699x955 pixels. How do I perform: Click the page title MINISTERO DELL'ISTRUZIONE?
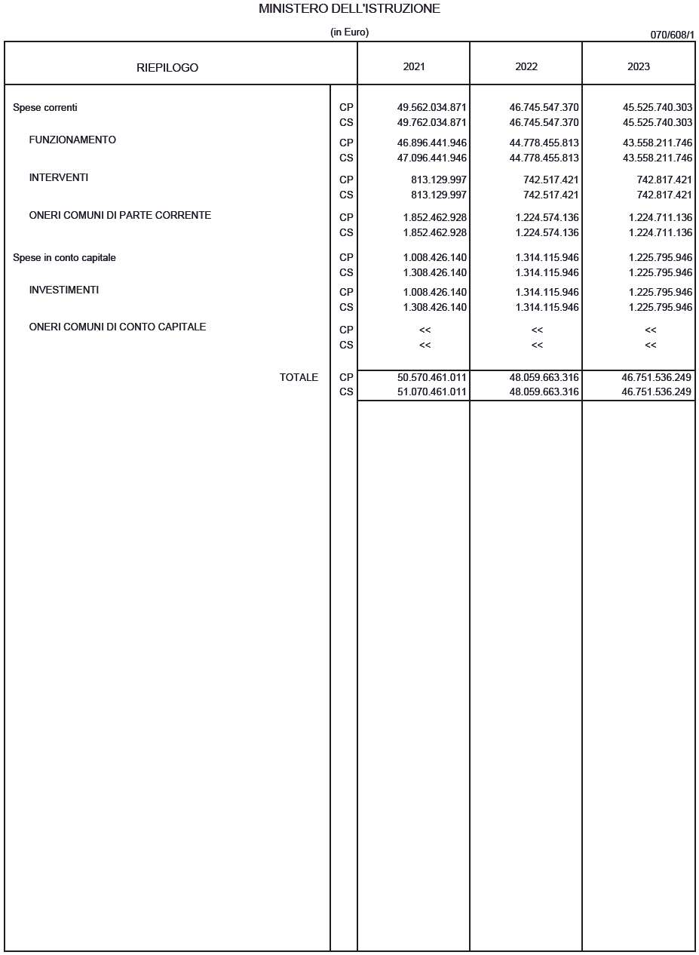tap(349, 9)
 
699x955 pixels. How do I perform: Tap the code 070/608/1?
tap(672, 35)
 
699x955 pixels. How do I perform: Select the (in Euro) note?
tap(349, 32)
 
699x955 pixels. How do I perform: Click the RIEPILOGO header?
tap(167, 68)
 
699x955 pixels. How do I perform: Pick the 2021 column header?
tap(413, 66)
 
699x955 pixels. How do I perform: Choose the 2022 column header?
tap(526, 66)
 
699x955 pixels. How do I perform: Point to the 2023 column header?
tap(638, 66)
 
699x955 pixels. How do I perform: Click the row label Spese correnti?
tap(45, 108)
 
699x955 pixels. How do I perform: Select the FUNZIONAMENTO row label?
tap(72, 140)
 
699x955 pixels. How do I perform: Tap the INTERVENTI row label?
tap(59, 178)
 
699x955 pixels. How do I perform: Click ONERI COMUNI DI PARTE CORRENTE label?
tap(120, 216)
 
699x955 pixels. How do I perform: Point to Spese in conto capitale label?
tap(64, 258)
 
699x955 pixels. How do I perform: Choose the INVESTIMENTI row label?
tap(64, 290)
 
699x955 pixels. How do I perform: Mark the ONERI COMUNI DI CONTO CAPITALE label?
tap(118, 327)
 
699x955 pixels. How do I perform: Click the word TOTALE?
tap(299, 377)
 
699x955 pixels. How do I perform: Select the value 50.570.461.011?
tap(431, 377)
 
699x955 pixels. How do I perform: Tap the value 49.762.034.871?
tap(431, 122)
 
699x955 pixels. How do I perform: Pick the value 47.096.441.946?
tap(431, 158)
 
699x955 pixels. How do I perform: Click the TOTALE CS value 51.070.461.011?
tap(431, 392)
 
